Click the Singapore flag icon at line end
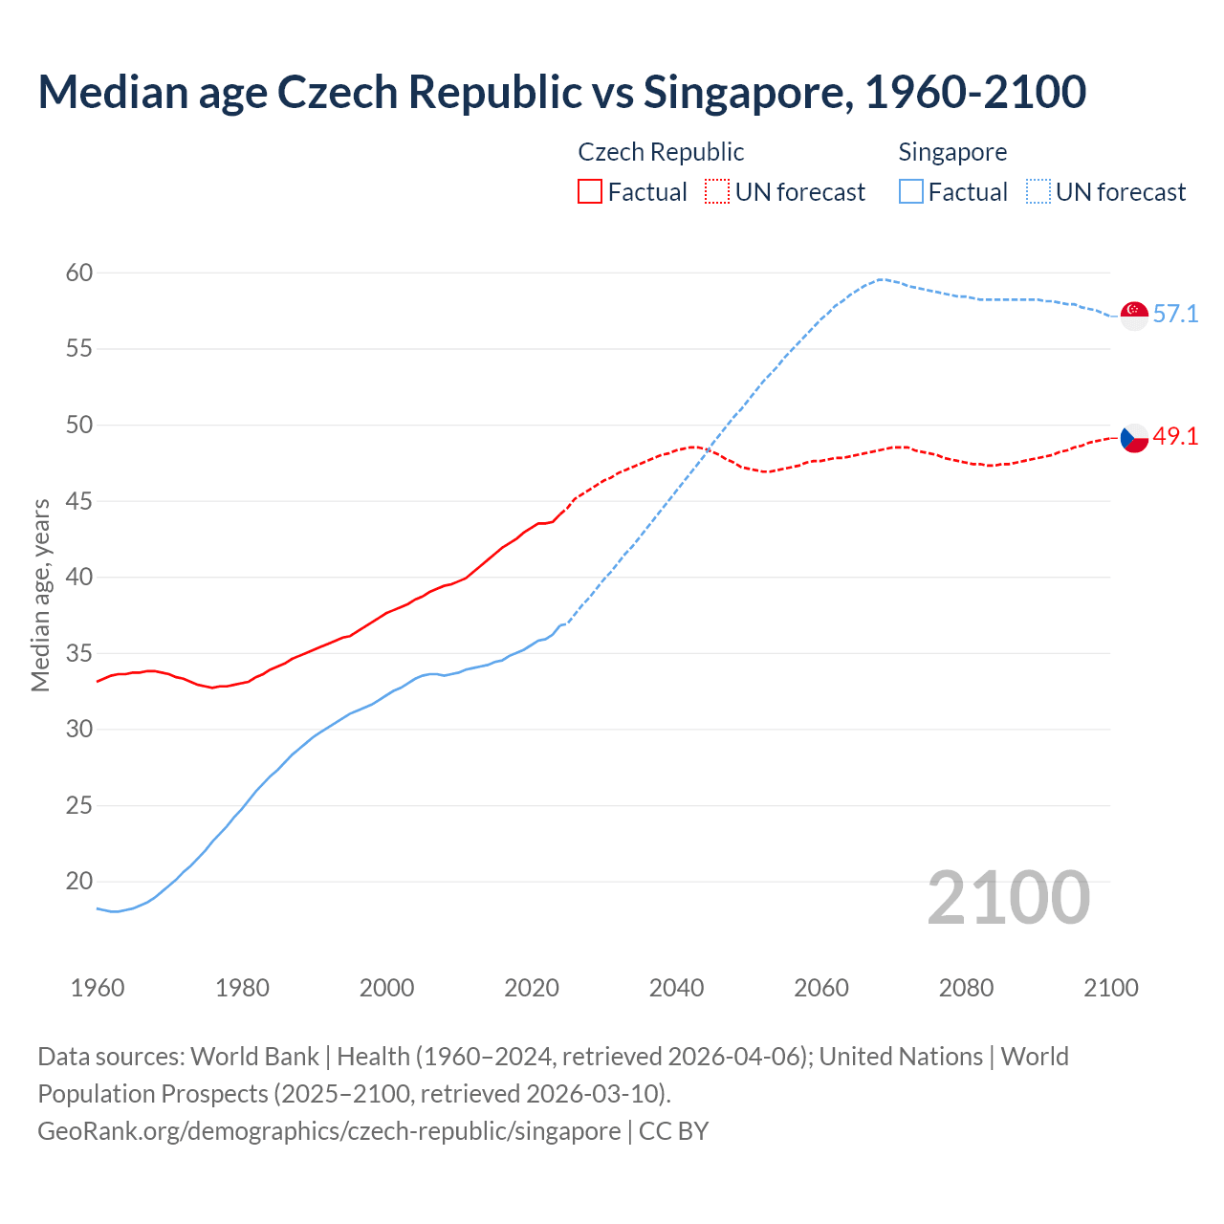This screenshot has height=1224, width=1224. click(1134, 315)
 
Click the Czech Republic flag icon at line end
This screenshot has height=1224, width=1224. click(1134, 438)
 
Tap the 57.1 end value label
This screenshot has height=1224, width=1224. click(1175, 314)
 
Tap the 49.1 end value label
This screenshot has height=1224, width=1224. click(1175, 437)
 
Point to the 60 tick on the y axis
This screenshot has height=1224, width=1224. click(79, 273)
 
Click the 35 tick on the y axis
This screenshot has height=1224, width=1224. click(79, 654)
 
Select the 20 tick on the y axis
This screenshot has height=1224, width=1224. click(79, 882)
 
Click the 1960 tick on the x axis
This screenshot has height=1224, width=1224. click(98, 988)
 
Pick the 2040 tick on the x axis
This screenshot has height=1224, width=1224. click(676, 988)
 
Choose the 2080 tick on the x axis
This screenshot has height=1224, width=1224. click(966, 988)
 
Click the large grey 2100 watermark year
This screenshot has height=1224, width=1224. click(1009, 897)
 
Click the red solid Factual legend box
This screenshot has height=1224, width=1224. click(590, 191)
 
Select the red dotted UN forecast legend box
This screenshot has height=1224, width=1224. click(717, 191)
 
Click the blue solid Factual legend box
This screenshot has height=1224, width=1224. click(911, 191)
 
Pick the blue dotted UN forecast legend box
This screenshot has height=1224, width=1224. click(1038, 191)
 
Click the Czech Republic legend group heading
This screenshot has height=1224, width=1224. click(661, 152)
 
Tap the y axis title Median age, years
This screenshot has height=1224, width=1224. click(40, 595)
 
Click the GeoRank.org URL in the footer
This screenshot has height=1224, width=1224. click(329, 1131)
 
